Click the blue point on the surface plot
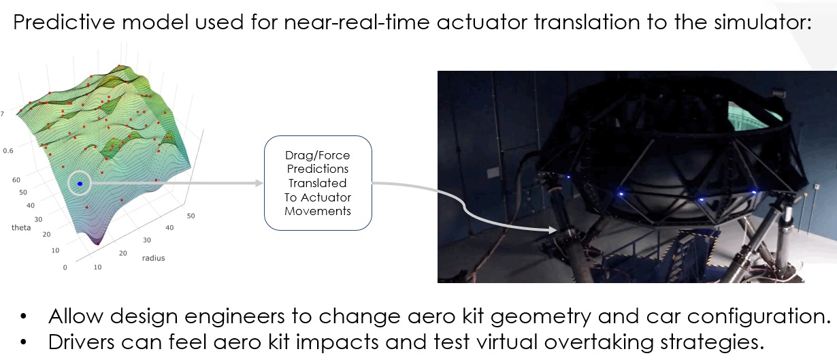(x=80, y=184)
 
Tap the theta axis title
(x=21, y=227)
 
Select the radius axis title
(x=153, y=258)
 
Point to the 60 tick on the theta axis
(x=16, y=180)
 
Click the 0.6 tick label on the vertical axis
(x=8, y=150)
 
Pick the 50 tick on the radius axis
(x=191, y=216)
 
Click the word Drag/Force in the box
(x=318, y=155)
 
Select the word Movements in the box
(x=318, y=211)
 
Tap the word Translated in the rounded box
(x=318, y=183)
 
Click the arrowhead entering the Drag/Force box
(x=259, y=183)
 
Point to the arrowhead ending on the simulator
(x=553, y=230)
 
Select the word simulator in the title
(x=762, y=22)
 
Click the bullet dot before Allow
(x=24, y=316)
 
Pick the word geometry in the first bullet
(x=541, y=317)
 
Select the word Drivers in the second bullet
(x=81, y=342)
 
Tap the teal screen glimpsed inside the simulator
(x=755, y=114)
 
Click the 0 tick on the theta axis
(x=65, y=267)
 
